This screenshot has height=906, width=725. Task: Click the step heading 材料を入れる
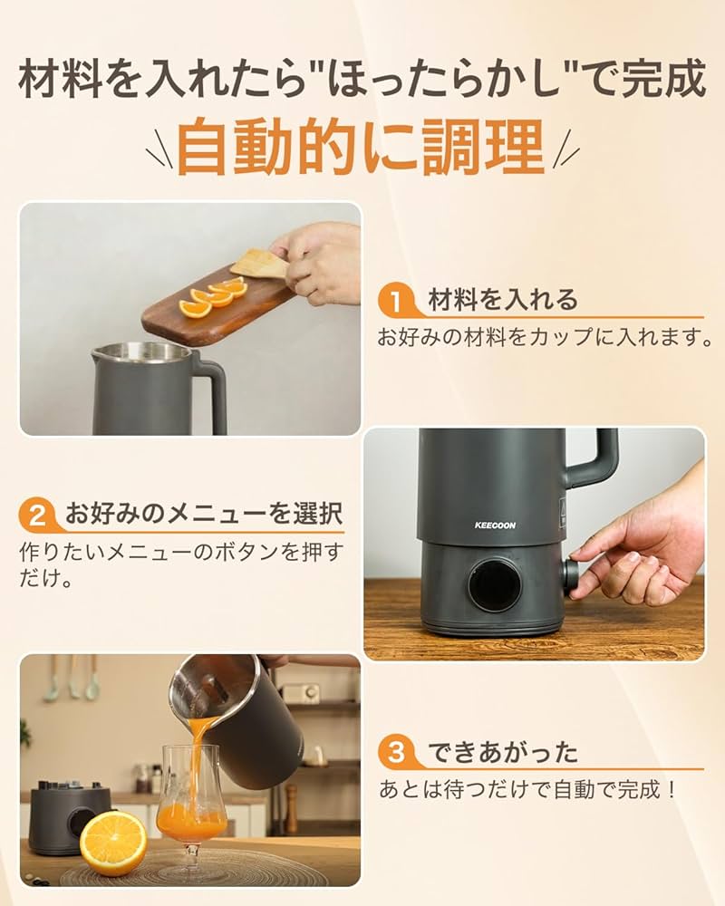pyautogui.click(x=502, y=300)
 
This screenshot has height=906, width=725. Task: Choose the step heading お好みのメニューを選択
pyautogui.click(x=204, y=516)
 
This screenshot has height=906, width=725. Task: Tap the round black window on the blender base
pyautogui.click(x=495, y=585)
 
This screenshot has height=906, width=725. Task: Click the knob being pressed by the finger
pyautogui.click(x=571, y=577)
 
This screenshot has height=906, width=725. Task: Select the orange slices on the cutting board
pyautogui.click(x=214, y=297)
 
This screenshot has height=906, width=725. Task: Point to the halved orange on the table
pyautogui.click(x=112, y=842)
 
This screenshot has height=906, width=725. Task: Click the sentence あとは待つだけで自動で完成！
pyautogui.click(x=527, y=789)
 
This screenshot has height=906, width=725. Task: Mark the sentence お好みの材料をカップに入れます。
pyautogui.click(x=543, y=337)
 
